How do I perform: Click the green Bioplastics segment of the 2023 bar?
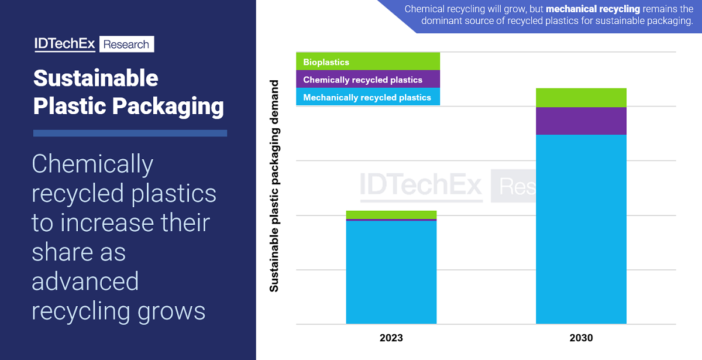391,214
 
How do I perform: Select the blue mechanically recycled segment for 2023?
391,272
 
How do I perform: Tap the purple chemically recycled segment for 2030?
581,121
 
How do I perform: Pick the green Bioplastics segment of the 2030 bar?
581,98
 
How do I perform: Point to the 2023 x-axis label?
391,338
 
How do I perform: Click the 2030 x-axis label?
581,338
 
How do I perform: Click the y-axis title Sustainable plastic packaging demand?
274,185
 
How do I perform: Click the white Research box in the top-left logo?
127,44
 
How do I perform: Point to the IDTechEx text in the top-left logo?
64,44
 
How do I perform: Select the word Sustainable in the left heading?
95,78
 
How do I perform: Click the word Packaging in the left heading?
168,107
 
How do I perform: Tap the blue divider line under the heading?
130,133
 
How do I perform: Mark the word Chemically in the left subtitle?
92,165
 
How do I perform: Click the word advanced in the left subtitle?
85,282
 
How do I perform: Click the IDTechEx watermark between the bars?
421,185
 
